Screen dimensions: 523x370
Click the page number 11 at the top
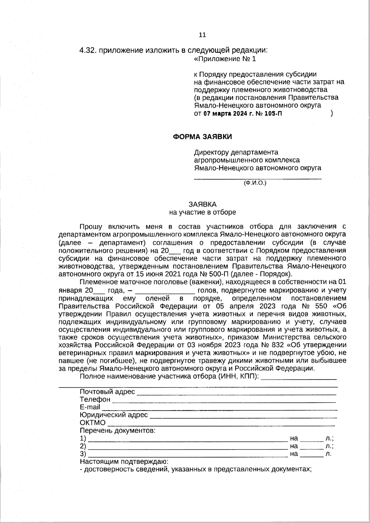point(202,35)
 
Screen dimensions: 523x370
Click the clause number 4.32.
point(88,51)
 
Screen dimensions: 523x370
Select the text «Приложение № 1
point(225,59)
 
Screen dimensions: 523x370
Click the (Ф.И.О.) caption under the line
point(255,183)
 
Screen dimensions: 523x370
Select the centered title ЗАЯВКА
point(202,204)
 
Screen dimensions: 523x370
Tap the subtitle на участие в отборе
point(202,212)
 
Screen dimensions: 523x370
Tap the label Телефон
point(95,399)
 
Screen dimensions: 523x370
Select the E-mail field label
point(90,407)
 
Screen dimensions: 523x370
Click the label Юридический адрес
point(113,415)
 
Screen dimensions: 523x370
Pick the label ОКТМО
point(92,423)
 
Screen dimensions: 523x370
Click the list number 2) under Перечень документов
point(83,446)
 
